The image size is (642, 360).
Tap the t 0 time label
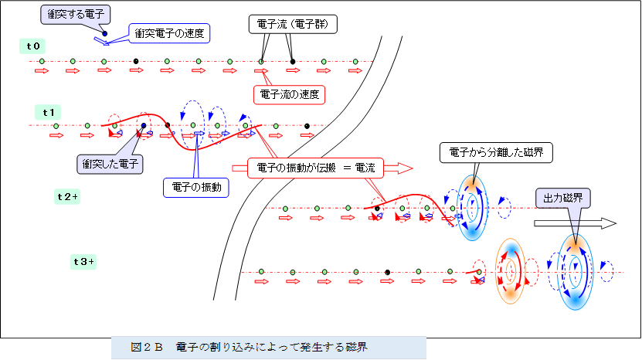click(33, 46)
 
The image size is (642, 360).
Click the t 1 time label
click(49, 112)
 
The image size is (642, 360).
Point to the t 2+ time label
click(68, 196)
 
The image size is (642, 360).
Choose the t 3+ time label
click(83, 262)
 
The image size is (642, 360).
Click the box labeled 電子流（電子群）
click(293, 25)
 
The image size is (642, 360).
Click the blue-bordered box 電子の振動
click(195, 188)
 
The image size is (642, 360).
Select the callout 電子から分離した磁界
click(496, 153)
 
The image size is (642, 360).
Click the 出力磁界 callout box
click(563, 198)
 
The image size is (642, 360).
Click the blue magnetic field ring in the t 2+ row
click(470, 207)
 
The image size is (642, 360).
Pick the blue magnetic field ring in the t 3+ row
click(574, 272)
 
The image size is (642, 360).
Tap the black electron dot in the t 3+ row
click(386, 272)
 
